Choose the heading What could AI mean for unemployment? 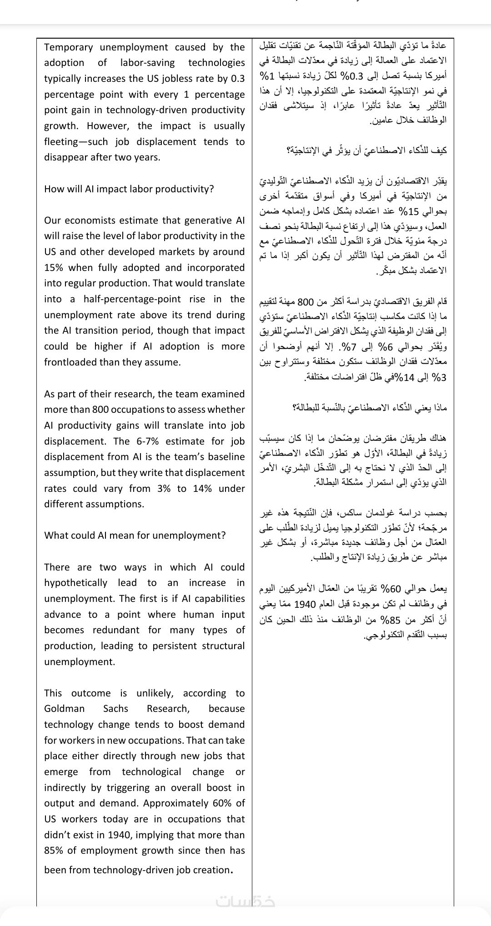pos(135,536)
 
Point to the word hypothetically pos(75,583)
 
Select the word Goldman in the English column pos(64,709)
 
